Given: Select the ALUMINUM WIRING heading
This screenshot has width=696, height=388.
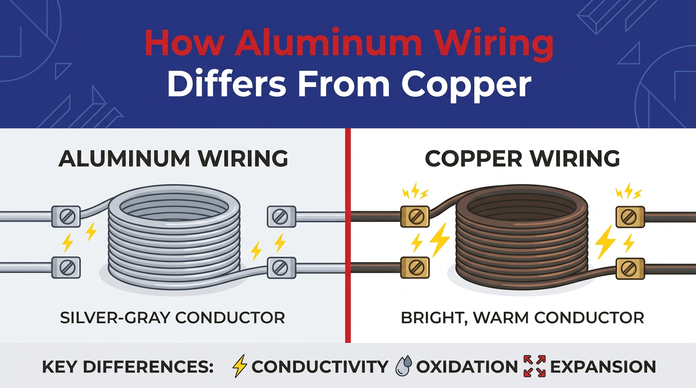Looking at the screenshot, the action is [x=173, y=159].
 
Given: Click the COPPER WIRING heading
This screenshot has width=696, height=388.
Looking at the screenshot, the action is [x=522, y=159].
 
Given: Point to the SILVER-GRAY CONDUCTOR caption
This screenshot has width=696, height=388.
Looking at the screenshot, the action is [x=172, y=318].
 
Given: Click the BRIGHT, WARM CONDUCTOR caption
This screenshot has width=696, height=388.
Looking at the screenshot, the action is [x=522, y=318].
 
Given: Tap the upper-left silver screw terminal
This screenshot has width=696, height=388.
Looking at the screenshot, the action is [x=66, y=216].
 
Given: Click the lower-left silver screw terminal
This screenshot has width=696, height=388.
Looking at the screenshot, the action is [x=66, y=267].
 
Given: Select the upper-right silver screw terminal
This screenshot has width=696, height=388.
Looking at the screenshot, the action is [x=282, y=216].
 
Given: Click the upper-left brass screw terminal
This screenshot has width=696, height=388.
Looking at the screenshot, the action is [x=415, y=216].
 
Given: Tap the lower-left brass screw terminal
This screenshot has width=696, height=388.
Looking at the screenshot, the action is [x=415, y=267].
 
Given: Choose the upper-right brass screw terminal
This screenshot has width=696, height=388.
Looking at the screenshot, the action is [x=630, y=216].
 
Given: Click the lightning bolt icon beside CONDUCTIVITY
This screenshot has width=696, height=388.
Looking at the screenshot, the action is [x=240, y=366].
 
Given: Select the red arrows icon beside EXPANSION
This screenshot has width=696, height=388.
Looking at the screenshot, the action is [x=535, y=366].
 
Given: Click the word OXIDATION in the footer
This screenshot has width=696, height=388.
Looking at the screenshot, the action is [x=467, y=367].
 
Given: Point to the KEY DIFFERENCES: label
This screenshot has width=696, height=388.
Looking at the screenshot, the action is [x=127, y=367].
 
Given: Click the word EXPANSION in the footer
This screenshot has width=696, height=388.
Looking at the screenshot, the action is [x=603, y=367].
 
